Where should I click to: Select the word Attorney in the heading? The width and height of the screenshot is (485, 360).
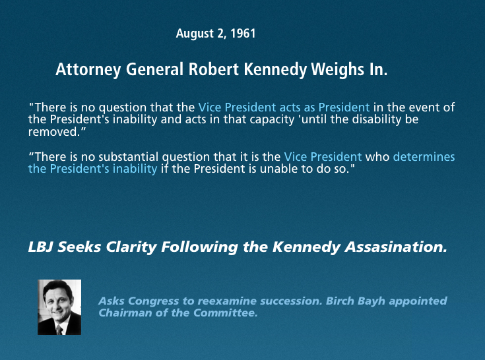[88, 69]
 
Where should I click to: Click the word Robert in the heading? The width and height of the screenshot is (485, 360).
[214, 69]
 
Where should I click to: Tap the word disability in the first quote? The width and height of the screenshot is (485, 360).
[377, 119]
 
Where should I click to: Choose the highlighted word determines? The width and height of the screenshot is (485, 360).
[424, 157]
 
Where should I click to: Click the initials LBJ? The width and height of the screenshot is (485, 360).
[41, 247]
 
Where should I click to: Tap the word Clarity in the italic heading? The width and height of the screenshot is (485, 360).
[131, 247]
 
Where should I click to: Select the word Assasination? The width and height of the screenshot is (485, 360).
[396, 247]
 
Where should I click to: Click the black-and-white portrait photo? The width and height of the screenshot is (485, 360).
[59, 307]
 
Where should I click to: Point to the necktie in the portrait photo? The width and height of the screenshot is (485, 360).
[59, 330]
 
